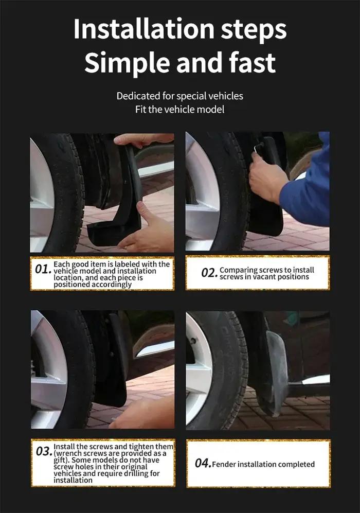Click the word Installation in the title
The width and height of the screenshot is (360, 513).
coord(144,29)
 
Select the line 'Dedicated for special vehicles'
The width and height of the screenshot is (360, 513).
coord(180,96)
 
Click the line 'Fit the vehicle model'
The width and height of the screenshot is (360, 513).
coord(180,109)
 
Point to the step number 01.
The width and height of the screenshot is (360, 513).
coord(43,269)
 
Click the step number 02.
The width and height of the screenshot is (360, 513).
coord(209,273)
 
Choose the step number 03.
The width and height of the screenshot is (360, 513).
coord(44,451)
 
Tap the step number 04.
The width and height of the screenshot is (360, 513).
coord(203,463)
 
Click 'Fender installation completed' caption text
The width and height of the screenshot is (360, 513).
coord(263,464)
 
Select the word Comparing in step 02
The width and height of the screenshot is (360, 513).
coord(239,270)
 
